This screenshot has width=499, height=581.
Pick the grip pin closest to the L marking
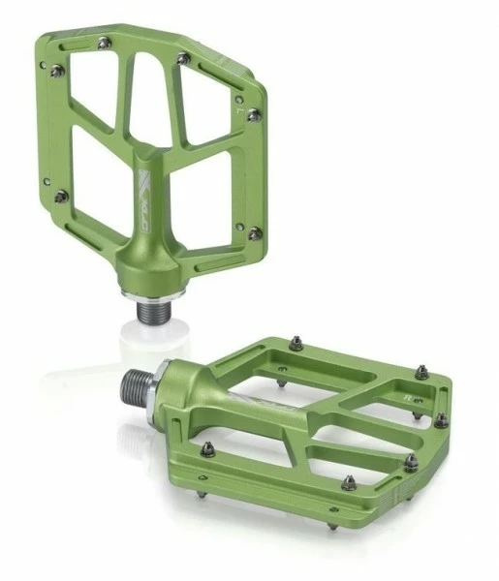pyautogui.click(x=253, y=114)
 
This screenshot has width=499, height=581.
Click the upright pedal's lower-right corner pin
pyautogui.click(x=255, y=233)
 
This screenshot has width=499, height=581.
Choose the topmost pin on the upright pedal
pyautogui.click(x=183, y=59)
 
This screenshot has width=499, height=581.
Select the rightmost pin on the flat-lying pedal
pyautogui.click(x=441, y=419)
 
